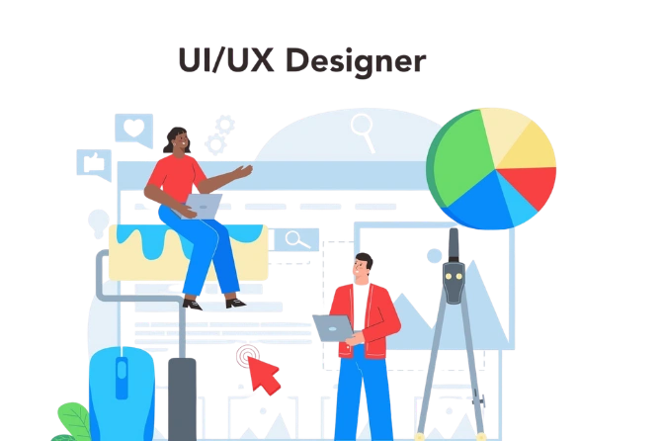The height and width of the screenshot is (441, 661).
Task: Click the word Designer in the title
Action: point(353,60)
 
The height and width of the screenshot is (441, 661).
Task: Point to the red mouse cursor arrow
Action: point(262,374)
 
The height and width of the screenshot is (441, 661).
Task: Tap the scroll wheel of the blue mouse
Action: point(122,375)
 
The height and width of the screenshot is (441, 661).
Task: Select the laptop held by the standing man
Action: point(333,326)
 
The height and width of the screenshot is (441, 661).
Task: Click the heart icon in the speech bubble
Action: point(131,127)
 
